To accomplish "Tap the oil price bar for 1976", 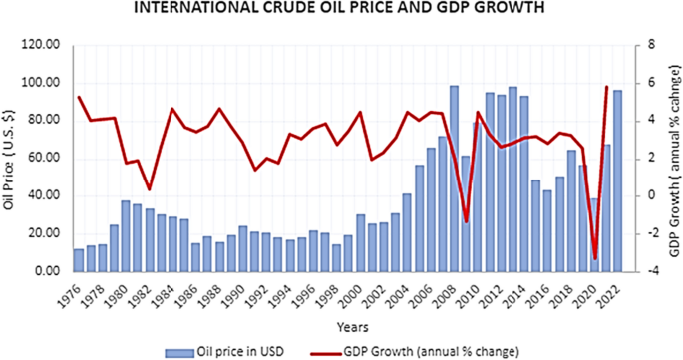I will tap(79, 260).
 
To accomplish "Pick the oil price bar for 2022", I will tap(617, 180).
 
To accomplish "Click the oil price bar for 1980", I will tap(127, 236).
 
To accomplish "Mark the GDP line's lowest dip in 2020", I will tap(595, 259).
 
